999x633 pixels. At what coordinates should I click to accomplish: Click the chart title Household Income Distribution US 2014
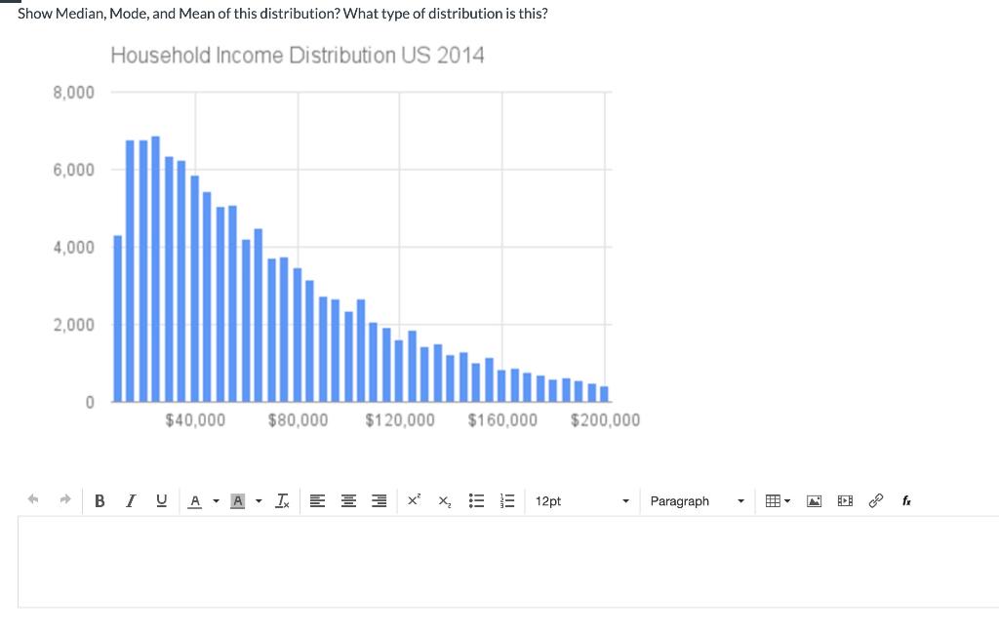point(297,56)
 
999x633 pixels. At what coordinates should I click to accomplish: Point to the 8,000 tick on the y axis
point(73,93)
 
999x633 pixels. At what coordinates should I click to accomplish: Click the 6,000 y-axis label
point(73,170)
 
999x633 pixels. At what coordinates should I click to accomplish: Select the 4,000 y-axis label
point(73,247)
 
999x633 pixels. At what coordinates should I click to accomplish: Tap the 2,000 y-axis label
point(73,324)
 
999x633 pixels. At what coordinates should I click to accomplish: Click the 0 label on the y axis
point(89,401)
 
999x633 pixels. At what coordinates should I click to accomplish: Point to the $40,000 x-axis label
point(195,420)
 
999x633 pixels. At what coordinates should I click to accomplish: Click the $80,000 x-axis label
point(298,420)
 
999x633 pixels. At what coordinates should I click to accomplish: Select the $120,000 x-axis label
point(400,420)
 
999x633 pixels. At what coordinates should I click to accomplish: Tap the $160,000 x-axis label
point(502,420)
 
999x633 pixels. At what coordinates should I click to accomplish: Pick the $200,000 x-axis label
point(605,420)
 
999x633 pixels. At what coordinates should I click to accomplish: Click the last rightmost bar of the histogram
point(605,394)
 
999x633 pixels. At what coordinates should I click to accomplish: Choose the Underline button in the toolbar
point(161,501)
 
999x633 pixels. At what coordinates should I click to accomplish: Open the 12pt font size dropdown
point(580,501)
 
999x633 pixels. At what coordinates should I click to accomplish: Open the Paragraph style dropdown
point(697,501)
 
